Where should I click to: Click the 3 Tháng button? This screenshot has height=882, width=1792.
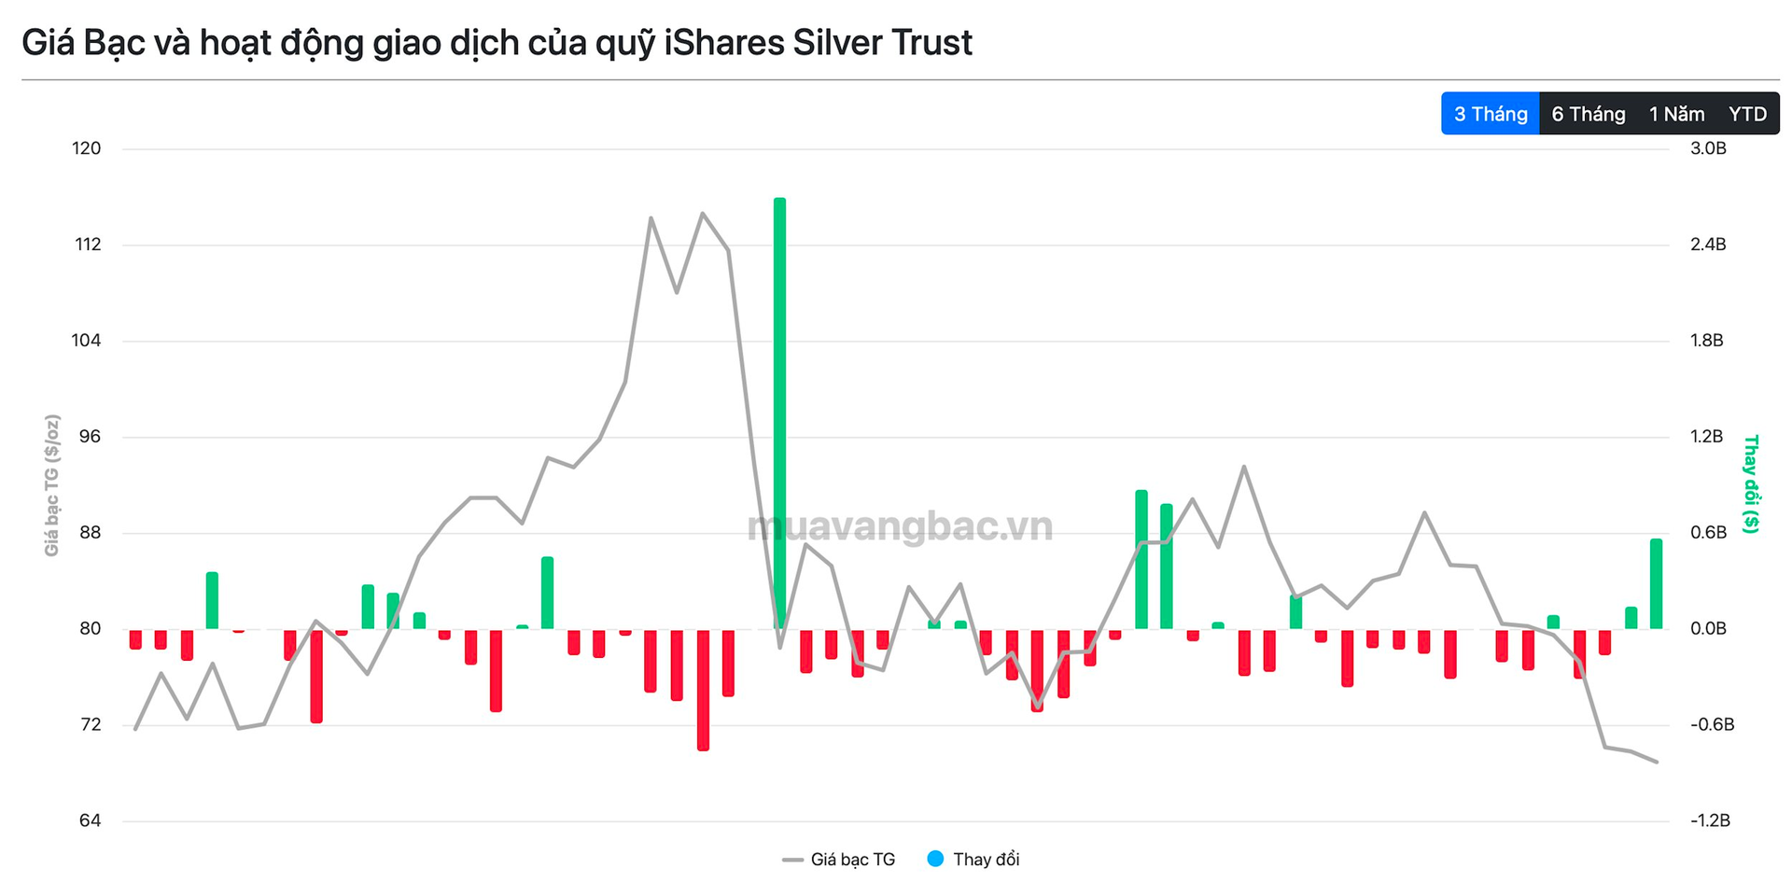pyautogui.click(x=1490, y=114)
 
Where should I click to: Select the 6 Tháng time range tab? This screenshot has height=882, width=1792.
pyautogui.click(x=1588, y=114)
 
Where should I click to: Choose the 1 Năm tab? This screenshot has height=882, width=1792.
pyautogui.click(x=1676, y=114)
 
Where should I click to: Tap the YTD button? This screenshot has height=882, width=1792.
pyautogui.click(x=1747, y=114)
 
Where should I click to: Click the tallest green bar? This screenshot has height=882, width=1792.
pyautogui.click(x=779, y=411)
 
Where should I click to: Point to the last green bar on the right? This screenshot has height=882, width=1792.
pyautogui.click(x=1656, y=583)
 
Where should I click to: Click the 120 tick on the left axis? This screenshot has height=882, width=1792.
pyautogui.click(x=87, y=148)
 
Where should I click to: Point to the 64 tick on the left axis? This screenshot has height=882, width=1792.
pyautogui.click(x=90, y=820)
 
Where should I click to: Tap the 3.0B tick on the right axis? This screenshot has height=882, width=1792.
pyautogui.click(x=1708, y=148)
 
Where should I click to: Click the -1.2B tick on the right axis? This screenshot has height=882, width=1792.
pyautogui.click(x=1710, y=820)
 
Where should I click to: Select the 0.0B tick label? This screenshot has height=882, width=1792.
pyautogui.click(x=1708, y=629)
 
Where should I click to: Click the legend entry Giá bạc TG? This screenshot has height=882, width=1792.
pyautogui.click(x=851, y=860)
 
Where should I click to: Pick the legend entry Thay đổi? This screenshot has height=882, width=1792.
pyautogui.click(x=985, y=860)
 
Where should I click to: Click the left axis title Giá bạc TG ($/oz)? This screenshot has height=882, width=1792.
pyautogui.click(x=52, y=485)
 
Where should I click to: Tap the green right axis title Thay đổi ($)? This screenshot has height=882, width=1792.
pyautogui.click(x=1751, y=483)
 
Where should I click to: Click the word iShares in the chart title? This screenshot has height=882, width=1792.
pyautogui.click(x=723, y=43)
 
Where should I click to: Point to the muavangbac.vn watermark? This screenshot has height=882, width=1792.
pyautogui.click(x=900, y=526)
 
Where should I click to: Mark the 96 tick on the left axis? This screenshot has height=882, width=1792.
pyautogui.click(x=90, y=437)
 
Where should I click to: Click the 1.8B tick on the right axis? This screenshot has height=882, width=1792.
pyautogui.click(x=1707, y=341)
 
